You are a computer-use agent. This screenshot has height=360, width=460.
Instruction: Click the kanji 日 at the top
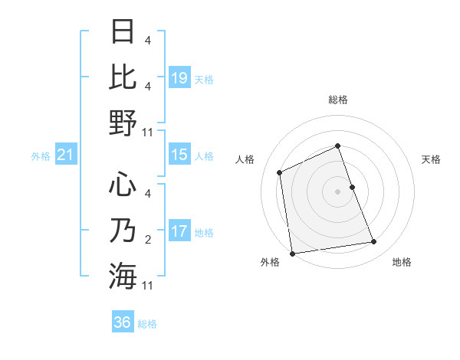coord(123,31)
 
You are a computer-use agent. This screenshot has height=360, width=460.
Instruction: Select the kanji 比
coord(123,77)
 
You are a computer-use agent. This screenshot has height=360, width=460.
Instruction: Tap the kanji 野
coord(123,123)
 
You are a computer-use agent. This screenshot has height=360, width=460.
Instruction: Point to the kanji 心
coord(123,185)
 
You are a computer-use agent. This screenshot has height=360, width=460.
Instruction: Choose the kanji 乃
coord(123,231)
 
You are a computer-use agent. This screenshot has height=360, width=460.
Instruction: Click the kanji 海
coord(123,276)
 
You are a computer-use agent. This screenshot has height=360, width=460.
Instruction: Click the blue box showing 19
coord(179,77)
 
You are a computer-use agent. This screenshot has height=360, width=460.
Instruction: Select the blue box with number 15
coord(179,155)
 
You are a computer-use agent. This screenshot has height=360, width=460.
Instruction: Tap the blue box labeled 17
coord(179,231)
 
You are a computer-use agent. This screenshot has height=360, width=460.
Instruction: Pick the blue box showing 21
coord(66,155)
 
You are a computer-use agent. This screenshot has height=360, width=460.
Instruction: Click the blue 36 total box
coord(123,322)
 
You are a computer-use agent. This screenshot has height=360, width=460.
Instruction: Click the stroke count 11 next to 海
coord(148,286)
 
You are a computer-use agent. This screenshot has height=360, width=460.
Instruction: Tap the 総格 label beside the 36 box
coord(147,324)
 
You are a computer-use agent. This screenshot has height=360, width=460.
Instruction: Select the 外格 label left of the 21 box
coord(41,156)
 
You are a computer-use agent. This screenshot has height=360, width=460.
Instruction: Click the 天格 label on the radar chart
coord(431,159)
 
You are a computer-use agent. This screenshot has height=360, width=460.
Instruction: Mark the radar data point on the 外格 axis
coord(292,253)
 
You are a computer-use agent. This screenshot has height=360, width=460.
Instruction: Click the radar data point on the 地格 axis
coord(374,242)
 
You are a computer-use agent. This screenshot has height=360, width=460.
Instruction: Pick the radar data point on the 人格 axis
coord(280,172)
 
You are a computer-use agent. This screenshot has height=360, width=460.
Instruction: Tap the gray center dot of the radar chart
coord(337,191)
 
